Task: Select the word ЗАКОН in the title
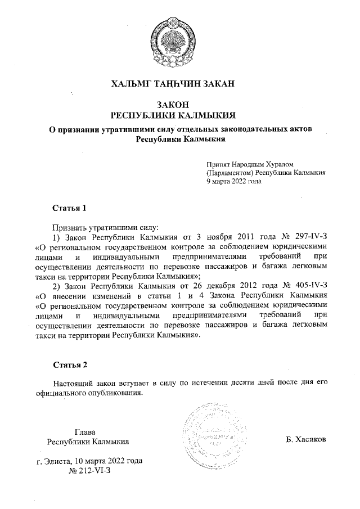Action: (x=179, y=105)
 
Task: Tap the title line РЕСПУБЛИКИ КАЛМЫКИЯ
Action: (x=179, y=115)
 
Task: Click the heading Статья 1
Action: (x=69, y=208)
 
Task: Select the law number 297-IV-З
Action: (x=306, y=237)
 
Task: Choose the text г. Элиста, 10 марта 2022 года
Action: (x=89, y=461)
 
